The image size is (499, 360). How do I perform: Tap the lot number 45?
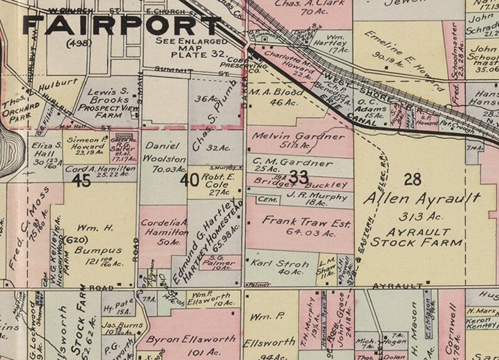click(x=82, y=182)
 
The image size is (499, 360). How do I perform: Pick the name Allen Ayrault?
click(x=423, y=199)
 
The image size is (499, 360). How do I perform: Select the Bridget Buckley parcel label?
click(x=300, y=184)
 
